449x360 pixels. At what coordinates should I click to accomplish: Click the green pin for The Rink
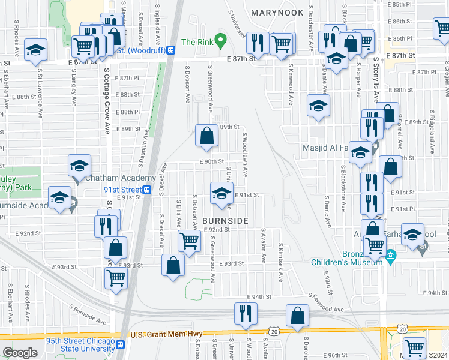click(x=220, y=42)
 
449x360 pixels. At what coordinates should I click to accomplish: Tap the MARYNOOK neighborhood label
click(x=277, y=12)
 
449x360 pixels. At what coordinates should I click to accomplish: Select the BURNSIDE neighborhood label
click(x=225, y=221)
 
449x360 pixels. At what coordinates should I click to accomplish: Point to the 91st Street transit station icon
click(x=147, y=189)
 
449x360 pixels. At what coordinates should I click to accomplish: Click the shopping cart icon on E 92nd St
click(x=189, y=241)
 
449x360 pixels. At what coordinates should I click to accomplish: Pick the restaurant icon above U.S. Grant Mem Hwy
click(x=245, y=313)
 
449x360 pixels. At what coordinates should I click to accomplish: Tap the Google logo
click(x=20, y=353)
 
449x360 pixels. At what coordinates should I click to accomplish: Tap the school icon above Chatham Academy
click(x=80, y=166)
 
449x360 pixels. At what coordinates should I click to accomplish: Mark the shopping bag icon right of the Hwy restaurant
click(x=297, y=316)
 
